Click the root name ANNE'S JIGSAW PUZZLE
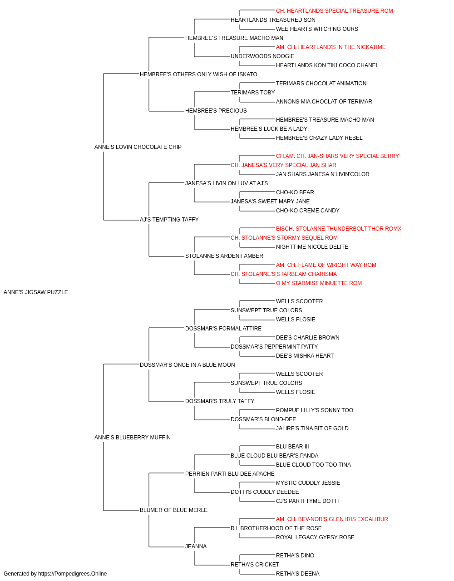tap(35, 292)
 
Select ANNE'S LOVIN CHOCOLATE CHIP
tap(138, 147)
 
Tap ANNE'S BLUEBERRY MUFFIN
tap(133, 438)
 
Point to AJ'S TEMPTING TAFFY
tap(169, 220)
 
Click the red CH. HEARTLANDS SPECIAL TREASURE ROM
tap(334, 11)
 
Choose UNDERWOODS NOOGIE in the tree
tap(262, 56)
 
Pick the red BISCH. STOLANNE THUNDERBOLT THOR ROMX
tap(339, 229)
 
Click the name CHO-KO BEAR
tap(295, 192)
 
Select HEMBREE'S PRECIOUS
tap(216, 111)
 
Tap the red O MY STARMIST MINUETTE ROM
tap(319, 283)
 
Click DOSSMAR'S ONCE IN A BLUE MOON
tap(187, 365)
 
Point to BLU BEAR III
tap(292, 447)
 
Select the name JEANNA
tap(196, 547)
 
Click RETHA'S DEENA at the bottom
tap(297, 574)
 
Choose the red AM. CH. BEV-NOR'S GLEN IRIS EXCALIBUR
tap(332, 519)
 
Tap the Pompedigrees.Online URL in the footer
tap(72, 574)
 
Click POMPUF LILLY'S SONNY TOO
tap(315, 410)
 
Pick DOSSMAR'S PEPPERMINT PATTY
tap(274, 347)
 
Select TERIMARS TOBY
tap(253, 93)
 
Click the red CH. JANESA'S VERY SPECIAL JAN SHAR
tap(283, 165)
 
